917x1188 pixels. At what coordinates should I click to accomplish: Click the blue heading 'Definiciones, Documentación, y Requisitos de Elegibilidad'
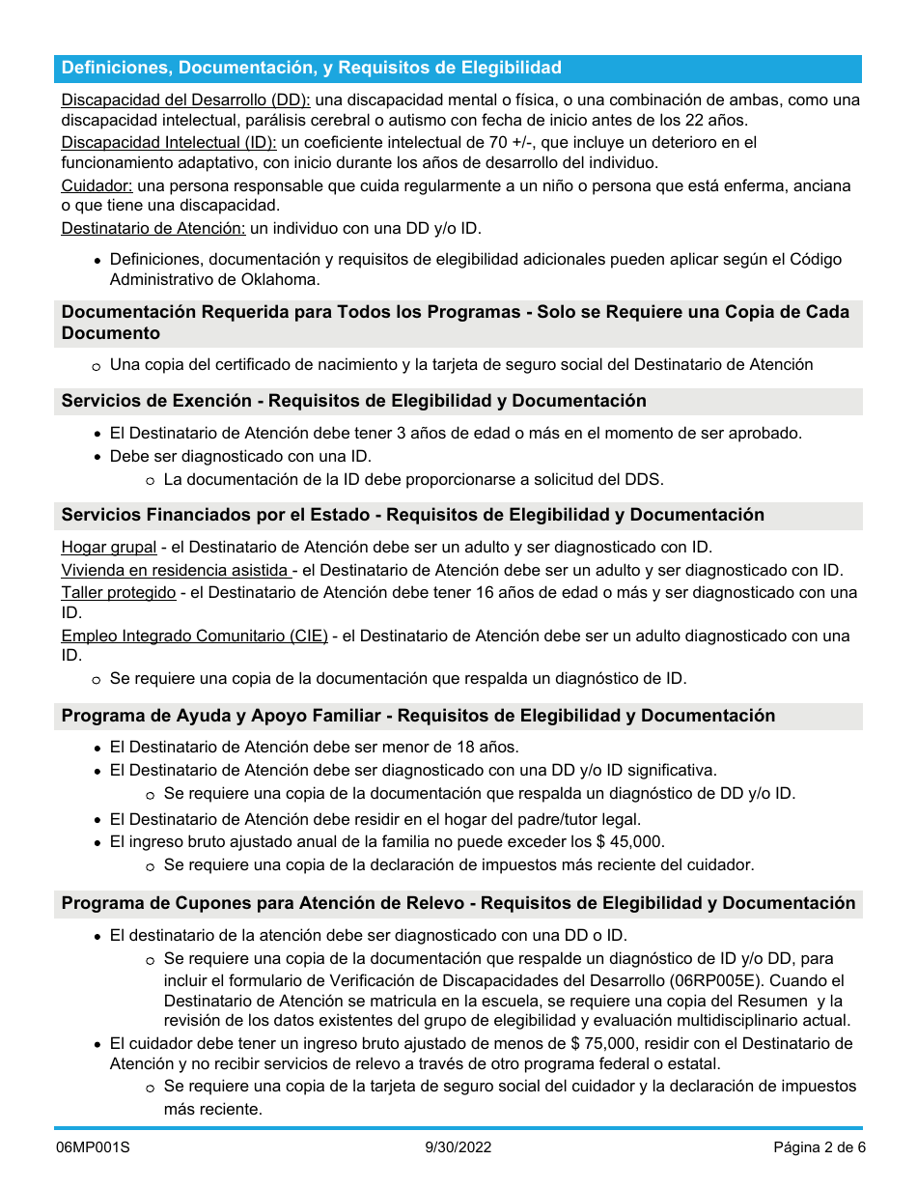tap(311, 68)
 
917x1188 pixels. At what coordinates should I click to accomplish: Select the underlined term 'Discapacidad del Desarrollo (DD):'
tap(185, 100)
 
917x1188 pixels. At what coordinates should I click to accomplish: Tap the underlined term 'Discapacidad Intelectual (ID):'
tap(169, 142)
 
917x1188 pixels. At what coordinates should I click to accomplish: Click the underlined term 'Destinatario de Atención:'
tap(153, 228)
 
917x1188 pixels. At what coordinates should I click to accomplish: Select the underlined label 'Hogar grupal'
tap(109, 548)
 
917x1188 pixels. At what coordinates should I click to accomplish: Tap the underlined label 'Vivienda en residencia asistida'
tap(176, 570)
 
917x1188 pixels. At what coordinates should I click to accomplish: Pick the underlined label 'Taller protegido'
tap(119, 592)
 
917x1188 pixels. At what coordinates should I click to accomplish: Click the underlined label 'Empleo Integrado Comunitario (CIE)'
tap(194, 636)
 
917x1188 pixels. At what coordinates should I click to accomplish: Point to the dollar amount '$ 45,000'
tap(629, 841)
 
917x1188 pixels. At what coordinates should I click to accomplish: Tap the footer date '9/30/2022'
tap(458, 1147)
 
